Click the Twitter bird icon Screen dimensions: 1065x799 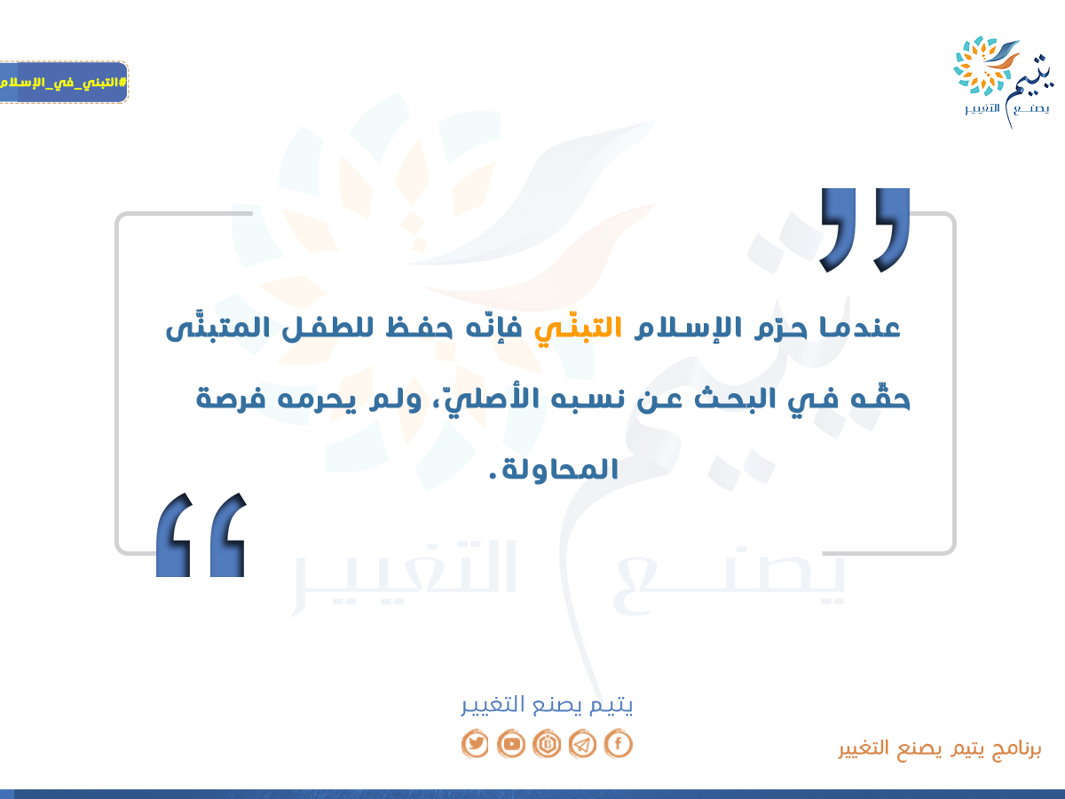coord(475,744)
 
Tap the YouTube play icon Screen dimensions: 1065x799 coord(511,744)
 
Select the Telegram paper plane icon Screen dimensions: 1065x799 coord(582,744)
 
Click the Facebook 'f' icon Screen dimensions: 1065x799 coord(618,744)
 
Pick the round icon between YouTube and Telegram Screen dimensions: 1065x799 coord(547,744)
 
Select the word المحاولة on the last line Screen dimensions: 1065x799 coord(560,469)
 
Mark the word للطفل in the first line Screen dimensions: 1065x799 coord(331,327)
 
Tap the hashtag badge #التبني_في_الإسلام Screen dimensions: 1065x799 coord(63,82)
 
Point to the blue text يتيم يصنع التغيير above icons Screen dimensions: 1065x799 coord(547,705)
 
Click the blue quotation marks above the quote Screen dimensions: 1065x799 coord(864,230)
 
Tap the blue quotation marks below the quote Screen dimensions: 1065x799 coord(201,535)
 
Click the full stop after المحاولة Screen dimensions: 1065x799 coord(493,478)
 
